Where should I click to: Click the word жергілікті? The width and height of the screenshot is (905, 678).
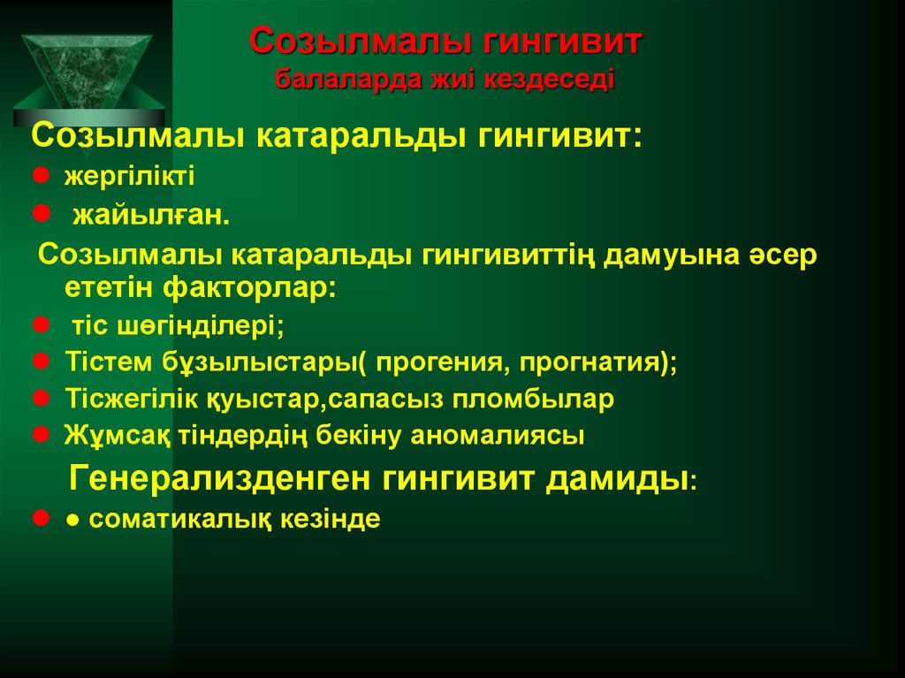(129, 175)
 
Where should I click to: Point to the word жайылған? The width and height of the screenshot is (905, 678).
(150, 215)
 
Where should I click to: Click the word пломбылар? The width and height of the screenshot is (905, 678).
(535, 399)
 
